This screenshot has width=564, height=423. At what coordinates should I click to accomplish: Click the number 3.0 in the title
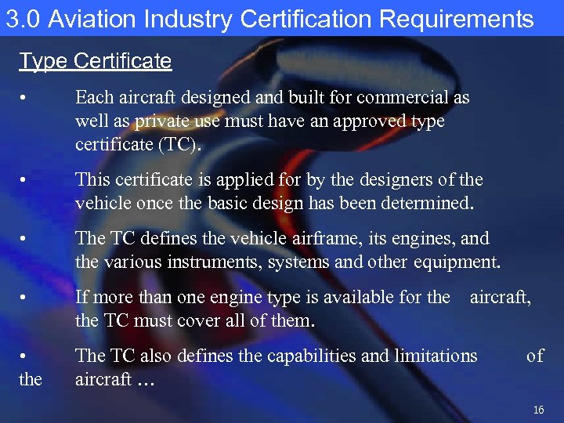coord(23,20)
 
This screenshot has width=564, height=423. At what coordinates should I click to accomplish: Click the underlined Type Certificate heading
coord(95,61)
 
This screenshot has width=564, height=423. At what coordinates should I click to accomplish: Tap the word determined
coord(426,204)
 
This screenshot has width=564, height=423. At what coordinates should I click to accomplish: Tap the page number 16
coord(537,410)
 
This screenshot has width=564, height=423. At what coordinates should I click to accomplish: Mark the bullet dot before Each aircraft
coord(25,99)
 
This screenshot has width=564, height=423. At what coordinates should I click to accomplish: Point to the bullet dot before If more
coord(25,298)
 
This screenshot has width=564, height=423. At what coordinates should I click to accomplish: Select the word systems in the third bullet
coord(300,262)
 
